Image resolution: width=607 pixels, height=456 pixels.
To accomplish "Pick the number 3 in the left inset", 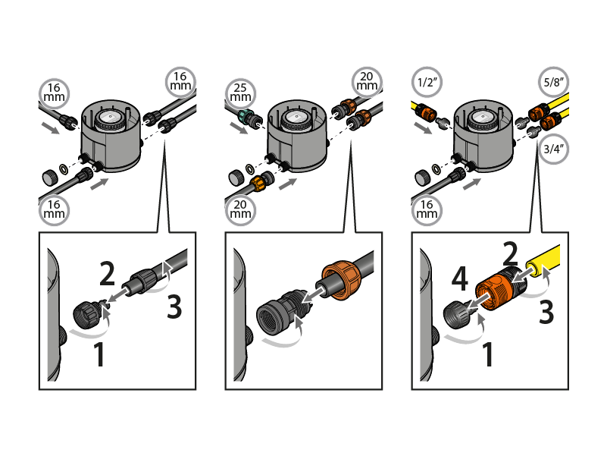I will coord(174,308).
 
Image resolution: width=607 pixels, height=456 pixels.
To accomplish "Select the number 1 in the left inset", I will coord(99,354).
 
